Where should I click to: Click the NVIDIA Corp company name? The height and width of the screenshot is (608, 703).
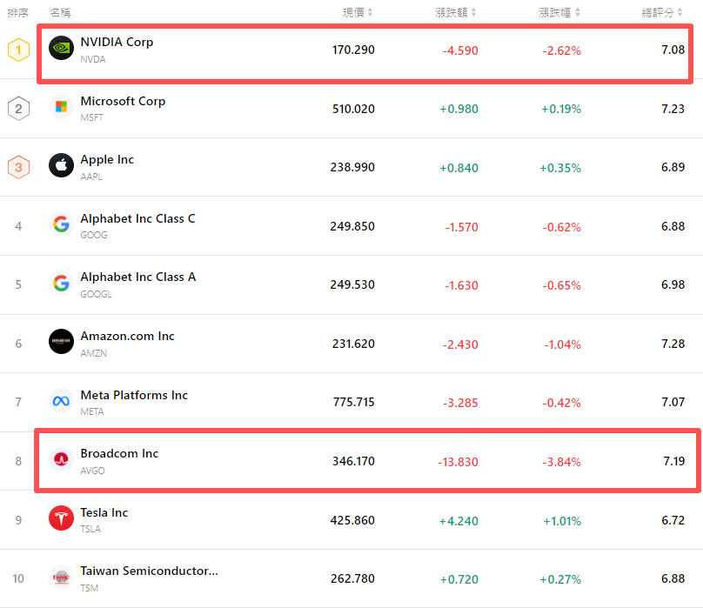coord(117,42)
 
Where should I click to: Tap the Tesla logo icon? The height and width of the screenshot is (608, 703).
coord(61,518)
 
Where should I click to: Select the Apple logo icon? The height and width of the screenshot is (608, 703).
coord(61,165)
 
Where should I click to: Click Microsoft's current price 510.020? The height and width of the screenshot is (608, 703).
coord(353,109)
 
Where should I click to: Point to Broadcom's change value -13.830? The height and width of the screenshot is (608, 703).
coord(458,461)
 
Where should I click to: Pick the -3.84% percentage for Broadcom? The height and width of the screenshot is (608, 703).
coord(561,461)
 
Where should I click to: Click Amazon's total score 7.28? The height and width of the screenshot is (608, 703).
coord(673,344)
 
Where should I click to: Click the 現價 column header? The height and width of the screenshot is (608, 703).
coord(353,12)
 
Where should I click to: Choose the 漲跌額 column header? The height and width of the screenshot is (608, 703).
coord(452,12)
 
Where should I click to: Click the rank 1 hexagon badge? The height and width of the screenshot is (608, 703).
coord(18,50)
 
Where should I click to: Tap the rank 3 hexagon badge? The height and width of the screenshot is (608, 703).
coord(18,167)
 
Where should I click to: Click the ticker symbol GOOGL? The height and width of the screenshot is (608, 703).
coord(96,294)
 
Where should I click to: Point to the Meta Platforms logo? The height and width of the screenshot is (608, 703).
coord(61,401)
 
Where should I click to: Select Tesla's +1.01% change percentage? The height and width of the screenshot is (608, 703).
coord(561,520)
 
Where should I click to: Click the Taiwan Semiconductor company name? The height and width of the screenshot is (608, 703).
coord(149,571)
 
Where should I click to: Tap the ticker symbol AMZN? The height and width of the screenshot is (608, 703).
coord(94,353)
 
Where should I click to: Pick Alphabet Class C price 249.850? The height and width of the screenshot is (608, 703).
coord(353,226)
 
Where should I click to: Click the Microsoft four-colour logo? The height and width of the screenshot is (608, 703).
coord(61,107)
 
